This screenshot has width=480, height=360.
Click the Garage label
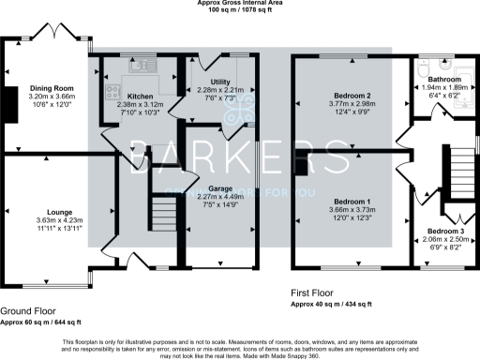[x=220, y=188]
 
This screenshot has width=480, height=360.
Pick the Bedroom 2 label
[x=350, y=96]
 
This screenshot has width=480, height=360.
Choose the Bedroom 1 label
[x=350, y=202]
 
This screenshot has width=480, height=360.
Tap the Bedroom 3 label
[x=445, y=231]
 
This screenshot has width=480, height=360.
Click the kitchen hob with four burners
[x=112, y=92]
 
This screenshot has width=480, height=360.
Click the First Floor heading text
[x=317, y=293]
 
